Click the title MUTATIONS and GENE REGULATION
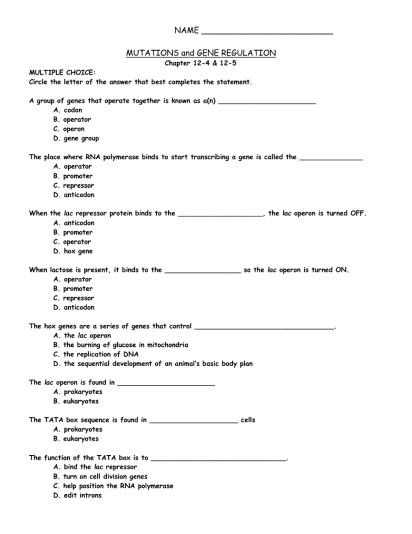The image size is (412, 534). (x=201, y=53)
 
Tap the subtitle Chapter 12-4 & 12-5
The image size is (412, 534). (x=201, y=63)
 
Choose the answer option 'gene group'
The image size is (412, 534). (x=80, y=139)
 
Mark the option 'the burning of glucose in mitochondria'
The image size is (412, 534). (x=125, y=345)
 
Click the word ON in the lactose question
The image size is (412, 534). (x=341, y=270)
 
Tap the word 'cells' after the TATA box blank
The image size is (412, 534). (x=248, y=420)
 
